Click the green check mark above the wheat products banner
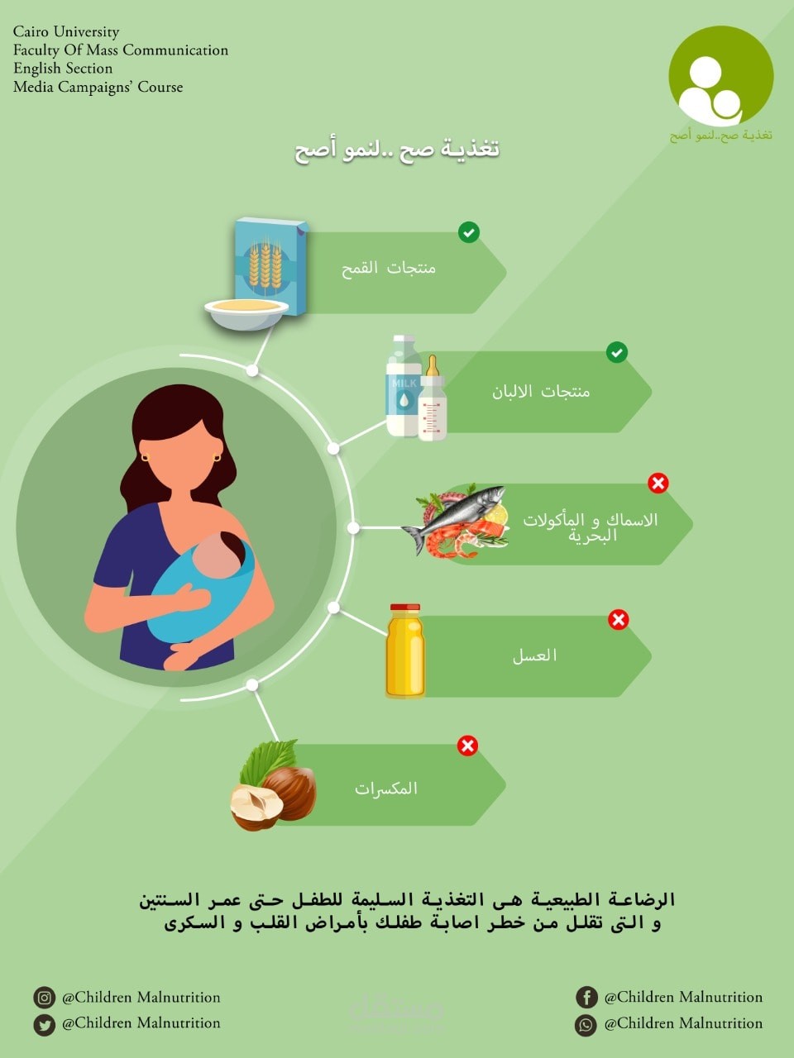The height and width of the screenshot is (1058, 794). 469,232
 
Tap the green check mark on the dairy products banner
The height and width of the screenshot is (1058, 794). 617,353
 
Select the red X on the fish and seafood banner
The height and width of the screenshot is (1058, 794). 658,483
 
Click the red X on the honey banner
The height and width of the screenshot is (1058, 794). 619,619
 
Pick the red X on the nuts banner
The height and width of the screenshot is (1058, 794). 467,746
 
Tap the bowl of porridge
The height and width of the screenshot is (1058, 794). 246,312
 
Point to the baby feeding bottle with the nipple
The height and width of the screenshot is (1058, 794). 432,401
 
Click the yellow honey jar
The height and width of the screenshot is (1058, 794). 405,651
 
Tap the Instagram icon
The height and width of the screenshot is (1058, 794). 45,998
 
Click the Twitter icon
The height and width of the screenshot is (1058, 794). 45,1024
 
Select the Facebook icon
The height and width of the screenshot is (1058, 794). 586,998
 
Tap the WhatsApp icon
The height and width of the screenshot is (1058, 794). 586,1024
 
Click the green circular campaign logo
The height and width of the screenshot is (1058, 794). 720,76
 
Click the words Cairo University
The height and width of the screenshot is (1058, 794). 66,31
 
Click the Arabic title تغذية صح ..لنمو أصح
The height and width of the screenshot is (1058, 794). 397,150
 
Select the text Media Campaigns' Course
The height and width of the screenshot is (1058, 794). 98,87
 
